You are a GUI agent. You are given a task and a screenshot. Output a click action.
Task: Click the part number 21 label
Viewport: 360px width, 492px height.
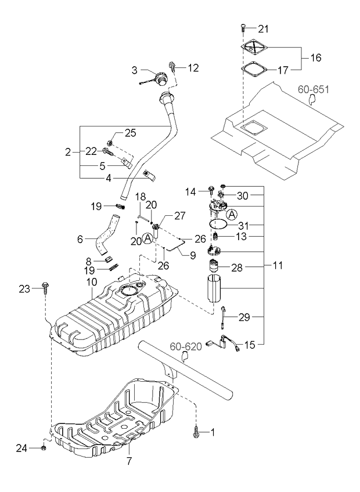pyautogui.click(x=264, y=29)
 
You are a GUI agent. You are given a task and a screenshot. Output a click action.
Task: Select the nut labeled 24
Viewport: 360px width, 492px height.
pyautogui.click(x=45, y=447)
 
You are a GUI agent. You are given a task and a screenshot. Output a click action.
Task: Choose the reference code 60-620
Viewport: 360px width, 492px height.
pyautogui.click(x=186, y=347)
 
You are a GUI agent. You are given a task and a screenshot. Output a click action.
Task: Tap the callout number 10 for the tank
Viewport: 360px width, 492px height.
pyautogui.click(x=91, y=282)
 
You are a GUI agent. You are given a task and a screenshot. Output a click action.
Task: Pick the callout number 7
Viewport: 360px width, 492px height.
pyautogui.click(x=129, y=461)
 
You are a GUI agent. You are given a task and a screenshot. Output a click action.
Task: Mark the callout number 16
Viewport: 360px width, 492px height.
pyautogui.click(x=315, y=58)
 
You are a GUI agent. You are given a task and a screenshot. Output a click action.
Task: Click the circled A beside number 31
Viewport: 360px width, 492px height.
pyautogui.click(x=231, y=214)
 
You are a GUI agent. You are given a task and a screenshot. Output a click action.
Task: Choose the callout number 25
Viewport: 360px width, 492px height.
pyautogui.click(x=130, y=133)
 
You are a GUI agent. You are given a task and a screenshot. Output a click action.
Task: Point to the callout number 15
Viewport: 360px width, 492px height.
pyautogui.click(x=250, y=345)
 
